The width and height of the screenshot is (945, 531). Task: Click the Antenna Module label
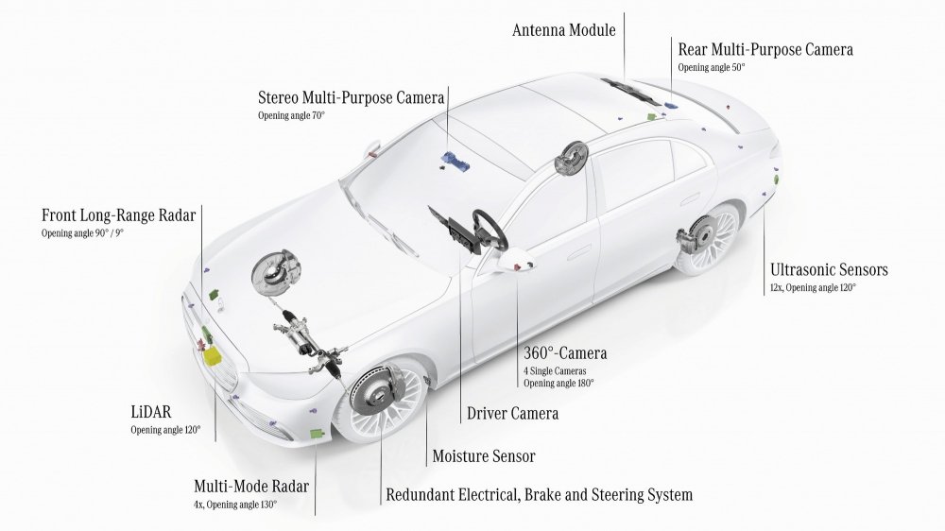point(563,30)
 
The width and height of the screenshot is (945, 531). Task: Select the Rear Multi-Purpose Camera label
point(765,49)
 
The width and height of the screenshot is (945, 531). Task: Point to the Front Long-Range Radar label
point(118,215)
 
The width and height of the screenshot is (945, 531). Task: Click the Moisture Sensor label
point(484,457)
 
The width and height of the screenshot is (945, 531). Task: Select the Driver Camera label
point(512,414)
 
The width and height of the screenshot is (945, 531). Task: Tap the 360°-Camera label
point(565,354)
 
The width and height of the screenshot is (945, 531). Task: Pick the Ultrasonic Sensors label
point(829,270)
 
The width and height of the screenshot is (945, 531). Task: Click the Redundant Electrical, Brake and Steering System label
point(539,495)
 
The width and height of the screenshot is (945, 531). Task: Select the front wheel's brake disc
point(376,397)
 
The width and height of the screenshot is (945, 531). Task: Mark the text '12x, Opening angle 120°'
point(813,288)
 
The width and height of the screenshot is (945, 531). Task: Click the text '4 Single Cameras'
point(555,370)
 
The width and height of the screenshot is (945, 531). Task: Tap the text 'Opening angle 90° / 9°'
point(82,233)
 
